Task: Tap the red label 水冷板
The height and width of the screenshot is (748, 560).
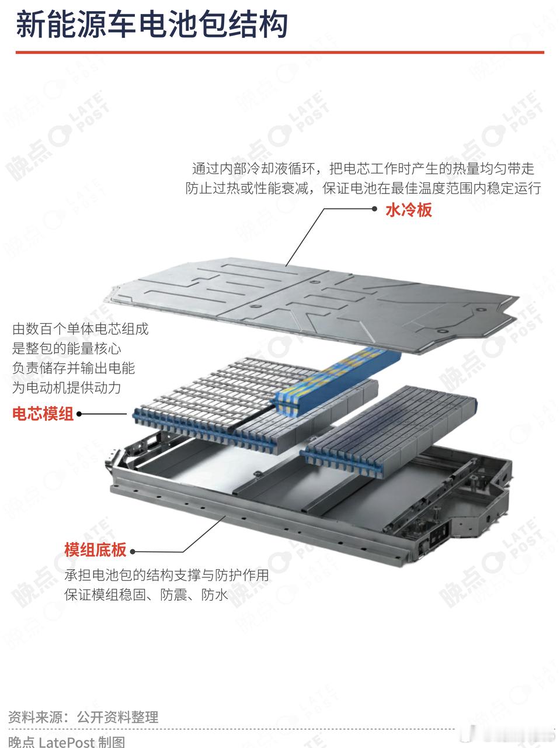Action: pos(408,210)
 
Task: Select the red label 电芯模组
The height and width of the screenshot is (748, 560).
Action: pos(43,414)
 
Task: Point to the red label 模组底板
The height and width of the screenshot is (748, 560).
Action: pos(95,550)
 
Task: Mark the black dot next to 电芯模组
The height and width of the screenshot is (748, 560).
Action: pos(79,414)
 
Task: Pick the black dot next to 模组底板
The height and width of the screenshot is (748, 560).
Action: pos(133,551)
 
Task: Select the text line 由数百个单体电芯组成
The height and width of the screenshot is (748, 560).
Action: pos(81,328)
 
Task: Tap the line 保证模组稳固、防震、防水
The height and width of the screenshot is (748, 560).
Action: pos(146,595)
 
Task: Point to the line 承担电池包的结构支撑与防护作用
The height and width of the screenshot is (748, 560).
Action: pos(167,575)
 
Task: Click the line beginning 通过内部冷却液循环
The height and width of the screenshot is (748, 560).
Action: pos(363,169)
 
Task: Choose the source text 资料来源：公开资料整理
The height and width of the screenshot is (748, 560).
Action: pos(84,716)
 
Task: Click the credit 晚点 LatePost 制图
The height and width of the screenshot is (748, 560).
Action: pos(67,741)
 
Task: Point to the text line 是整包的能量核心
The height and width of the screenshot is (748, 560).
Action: pos(67,348)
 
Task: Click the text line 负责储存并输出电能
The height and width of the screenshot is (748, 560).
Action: pos(74,368)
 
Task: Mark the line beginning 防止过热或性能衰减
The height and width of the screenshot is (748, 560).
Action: pos(363,188)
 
